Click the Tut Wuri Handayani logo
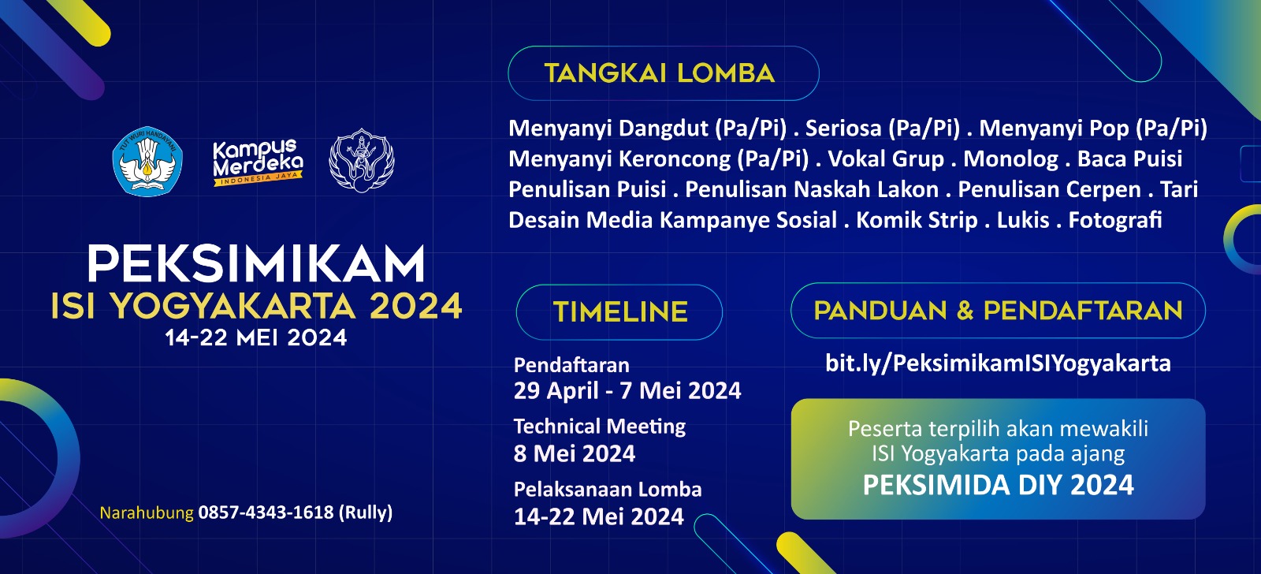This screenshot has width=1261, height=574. pyautogui.click(x=147, y=161)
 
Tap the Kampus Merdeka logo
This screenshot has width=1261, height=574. pyautogui.click(x=258, y=162)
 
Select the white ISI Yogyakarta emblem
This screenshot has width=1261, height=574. pyautogui.click(x=362, y=161)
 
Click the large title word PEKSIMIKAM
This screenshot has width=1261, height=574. pyautogui.click(x=256, y=263)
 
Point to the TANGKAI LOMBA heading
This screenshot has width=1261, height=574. pyautogui.click(x=660, y=73)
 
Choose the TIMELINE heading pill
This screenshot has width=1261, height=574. pyautogui.click(x=619, y=312)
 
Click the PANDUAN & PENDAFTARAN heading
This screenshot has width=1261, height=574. pyautogui.click(x=998, y=311)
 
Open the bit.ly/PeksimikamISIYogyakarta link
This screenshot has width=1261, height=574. pyautogui.click(x=998, y=363)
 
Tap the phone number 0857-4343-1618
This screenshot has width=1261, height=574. pyautogui.click(x=266, y=512)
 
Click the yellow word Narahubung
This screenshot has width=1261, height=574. pyautogui.click(x=147, y=512)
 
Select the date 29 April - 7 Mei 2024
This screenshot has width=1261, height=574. pyautogui.click(x=627, y=390)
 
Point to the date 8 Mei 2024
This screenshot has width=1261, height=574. pyautogui.click(x=575, y=453)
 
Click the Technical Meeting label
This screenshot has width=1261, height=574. pyautogui.click(x=600, y=427)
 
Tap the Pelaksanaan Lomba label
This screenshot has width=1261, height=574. pyautogui.click(x=608, y=489)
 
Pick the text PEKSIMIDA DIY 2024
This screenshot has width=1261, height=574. pyautogui.click(x=998, y=485)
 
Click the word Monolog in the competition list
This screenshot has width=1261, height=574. pyautogui.click(x=1010, y=158)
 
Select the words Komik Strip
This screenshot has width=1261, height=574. pyautogui.click(x=917, y=220)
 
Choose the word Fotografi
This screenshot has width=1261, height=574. pyautogui.click(x=1115, y=220)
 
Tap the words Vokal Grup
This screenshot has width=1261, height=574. pyautogui.click(x=886, y=158)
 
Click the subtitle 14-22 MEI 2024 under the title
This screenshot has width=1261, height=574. pyautogui.click(x=256, y=338)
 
